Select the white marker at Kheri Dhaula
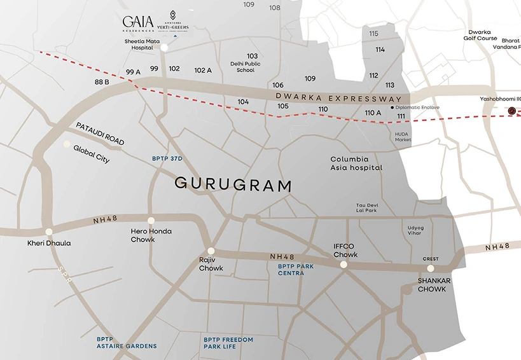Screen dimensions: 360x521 [x=49, y=232]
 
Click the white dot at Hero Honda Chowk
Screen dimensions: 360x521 [x=151, y=221]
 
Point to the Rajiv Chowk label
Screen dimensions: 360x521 [x=211, y=264]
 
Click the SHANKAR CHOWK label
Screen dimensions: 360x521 [x=432, y=285]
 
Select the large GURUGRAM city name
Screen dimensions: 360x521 [x=233, y=185]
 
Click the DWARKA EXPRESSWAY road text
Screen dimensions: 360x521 [x=339, y=99]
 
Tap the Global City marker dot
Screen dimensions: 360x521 [x=66, y=144]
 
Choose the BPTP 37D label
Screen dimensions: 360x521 [x=167, y=158]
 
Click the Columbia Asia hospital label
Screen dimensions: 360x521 [x=356, y=163]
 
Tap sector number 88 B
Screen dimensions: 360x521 [x=102, y=82]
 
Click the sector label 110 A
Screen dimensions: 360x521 [x=373, y=113]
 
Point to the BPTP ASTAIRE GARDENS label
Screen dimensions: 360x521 [x=127, y=343]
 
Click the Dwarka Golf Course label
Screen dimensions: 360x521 [x=483, y=35]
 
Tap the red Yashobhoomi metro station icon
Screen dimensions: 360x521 [x=513, y=111]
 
